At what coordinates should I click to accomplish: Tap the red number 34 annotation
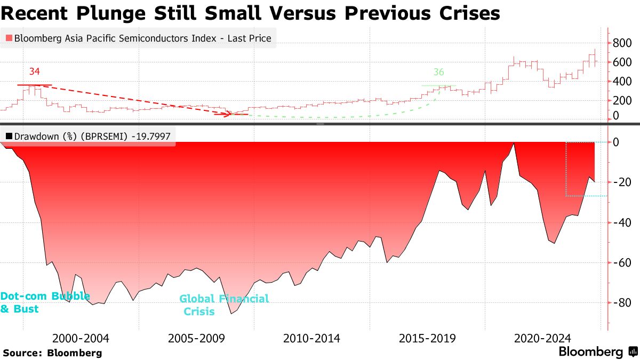coord(35,71)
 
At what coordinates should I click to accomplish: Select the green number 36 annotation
coord(438,72)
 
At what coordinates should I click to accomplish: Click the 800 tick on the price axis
coord(622,43)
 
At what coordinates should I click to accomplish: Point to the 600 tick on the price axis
coord(622,62)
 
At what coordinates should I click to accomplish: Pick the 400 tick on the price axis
coord(622,81)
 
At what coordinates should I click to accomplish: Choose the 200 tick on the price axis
coord(622,100)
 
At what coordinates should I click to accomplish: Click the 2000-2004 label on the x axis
coord(81,338)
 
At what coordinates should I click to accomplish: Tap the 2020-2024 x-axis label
coord(542,338)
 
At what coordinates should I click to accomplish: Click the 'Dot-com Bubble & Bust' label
coord(44,302)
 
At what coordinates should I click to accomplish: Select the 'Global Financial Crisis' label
coord(224,305)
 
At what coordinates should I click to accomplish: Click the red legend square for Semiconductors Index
coord(9,38)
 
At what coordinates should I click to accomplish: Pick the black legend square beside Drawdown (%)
coord(9,137)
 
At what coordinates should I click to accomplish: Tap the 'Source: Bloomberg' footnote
coord(52,353)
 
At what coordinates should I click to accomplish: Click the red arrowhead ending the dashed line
coord(230,114)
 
